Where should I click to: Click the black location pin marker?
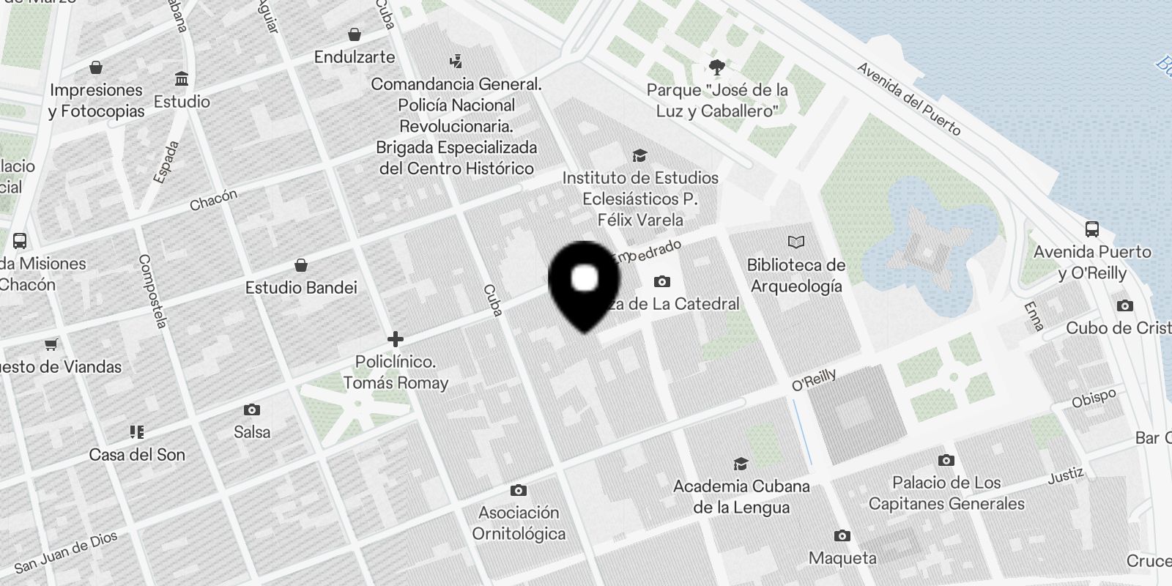(584, 282)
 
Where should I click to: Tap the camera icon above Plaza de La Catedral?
(661, 281)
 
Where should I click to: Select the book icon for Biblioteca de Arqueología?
(795, 242)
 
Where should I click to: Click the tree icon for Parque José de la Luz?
(717, 67)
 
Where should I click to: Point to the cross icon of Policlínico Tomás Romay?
(396, 339)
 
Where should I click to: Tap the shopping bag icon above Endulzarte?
(355, 34)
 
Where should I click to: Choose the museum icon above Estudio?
(182, 78)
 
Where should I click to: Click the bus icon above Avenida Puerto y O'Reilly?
(1091, 229)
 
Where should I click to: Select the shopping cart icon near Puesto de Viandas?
(51, 344)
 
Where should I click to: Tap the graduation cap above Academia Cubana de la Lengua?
(741, 464)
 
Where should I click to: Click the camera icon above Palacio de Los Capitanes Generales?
(946, 460)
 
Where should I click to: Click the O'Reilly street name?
(814, 379)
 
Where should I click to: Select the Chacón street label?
(213, 200)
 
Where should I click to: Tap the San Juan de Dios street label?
(66, 552)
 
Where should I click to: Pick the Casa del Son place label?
(137, 454)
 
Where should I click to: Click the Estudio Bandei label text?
(301, 287)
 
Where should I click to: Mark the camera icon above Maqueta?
(842, 536)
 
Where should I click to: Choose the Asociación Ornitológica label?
(519, 522)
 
